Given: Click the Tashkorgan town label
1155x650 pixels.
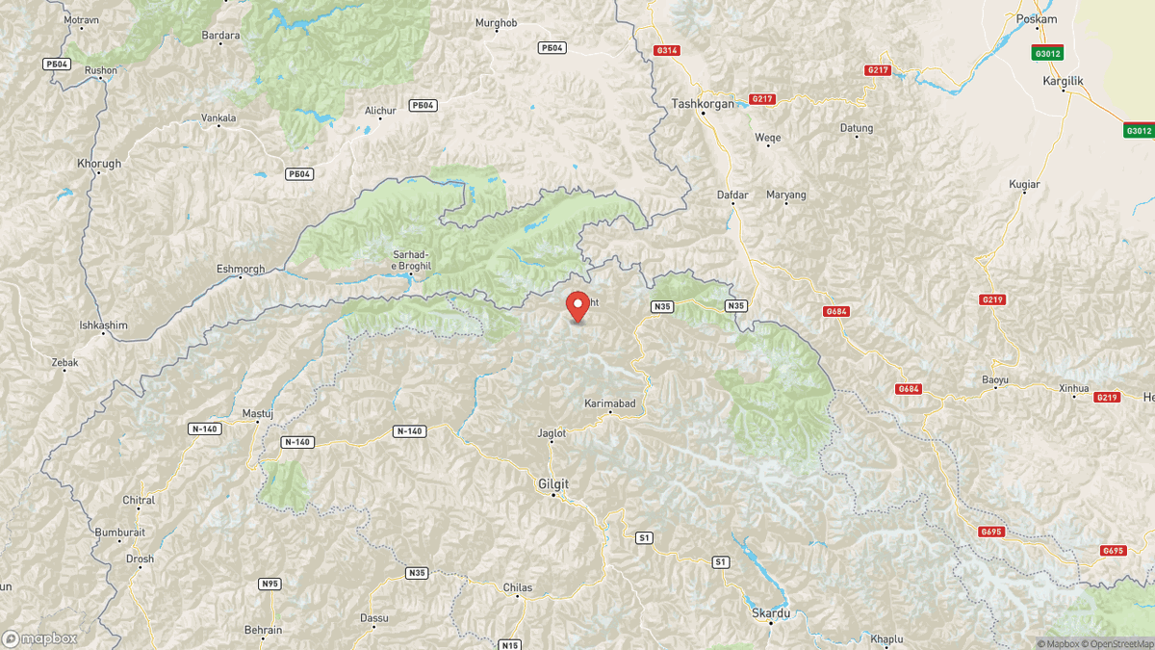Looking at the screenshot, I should click(x=703, y=104).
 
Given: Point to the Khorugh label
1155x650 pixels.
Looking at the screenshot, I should click(x=99, y=164).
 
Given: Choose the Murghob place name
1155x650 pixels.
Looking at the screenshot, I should click(x=497, y=22).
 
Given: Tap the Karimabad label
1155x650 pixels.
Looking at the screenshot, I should click(x=610, y=403).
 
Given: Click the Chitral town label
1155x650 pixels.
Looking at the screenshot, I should click(x=139, y=501).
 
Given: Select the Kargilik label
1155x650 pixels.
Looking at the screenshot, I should click(x=1063, y=81).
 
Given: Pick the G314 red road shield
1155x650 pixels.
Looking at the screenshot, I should click(x=666, y=50).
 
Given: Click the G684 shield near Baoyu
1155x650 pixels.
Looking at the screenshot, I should click(x=909, y=389).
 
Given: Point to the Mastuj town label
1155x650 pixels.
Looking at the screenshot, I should click(x=258, y=413).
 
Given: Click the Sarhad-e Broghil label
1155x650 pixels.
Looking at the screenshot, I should click(x=411, y=260).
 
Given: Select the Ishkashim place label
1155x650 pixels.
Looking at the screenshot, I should click(x=103, y=325).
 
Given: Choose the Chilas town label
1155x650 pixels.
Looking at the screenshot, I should click(x=518, y=587).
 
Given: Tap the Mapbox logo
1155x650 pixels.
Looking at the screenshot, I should click(x=40, y=638).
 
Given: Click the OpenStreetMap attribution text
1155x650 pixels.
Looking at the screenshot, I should click(x=1115, y=643).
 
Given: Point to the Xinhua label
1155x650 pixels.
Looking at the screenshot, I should click(x=1073, y=388).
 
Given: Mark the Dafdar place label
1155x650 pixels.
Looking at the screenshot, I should click(x=732, y=195).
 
